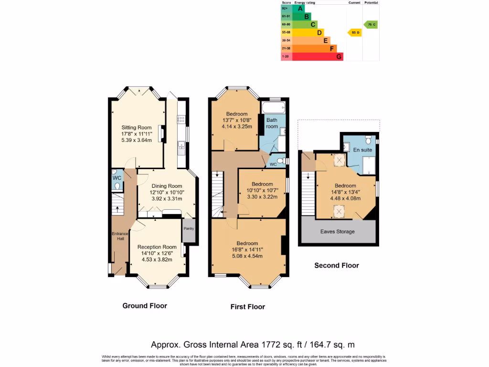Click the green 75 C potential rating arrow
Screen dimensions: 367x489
[x=371, y=24]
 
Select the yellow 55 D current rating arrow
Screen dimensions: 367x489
[x=354, y=32]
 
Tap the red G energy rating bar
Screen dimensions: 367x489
[x=317, y=56]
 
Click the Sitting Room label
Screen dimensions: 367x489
[x=136, y=128]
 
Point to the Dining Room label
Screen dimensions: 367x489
[x=167, y=186]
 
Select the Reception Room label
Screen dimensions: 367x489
[x=157, y=247]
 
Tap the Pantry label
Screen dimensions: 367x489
[x=189, y=228]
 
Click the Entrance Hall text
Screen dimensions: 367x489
[x=120, y=236]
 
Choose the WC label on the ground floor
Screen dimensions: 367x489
[x=117, y=178]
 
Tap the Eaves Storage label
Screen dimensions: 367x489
[x=338, y=232]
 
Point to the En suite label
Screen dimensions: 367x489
[x=363, y=150]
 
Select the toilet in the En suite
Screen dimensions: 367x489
[x=368, y=140]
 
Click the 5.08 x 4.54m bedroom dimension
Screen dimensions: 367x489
[x=247, y=256]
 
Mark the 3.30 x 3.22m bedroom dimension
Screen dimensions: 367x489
[x=262, y=196]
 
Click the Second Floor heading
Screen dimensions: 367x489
[x=336, y=265]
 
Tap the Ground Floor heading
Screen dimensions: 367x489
[x=145, y=305]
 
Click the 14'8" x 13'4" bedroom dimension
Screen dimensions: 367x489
[x=345, y=193]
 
